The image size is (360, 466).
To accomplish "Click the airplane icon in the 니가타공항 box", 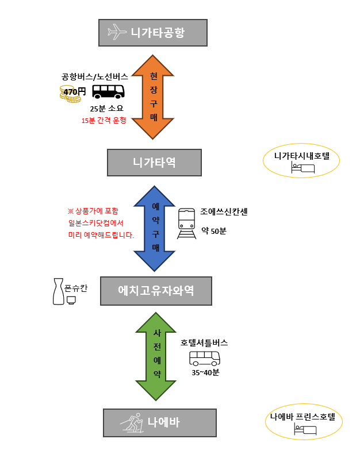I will click(x=117, y=32).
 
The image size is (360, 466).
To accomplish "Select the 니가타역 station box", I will click(x=154, y=163).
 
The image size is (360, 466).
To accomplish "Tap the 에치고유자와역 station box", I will click(x=156, y=291).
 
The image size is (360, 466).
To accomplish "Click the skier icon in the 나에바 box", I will click(x=131, y=423).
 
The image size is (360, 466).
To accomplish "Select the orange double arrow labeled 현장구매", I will click(x=153, y=97).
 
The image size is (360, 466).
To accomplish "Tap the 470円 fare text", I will click(x=74, y=91).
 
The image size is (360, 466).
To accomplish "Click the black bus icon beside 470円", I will click(x=109, y=91).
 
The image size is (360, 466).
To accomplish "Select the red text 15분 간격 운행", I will click(x=104, y=121).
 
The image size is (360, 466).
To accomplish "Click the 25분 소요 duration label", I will click(x=107, y=108).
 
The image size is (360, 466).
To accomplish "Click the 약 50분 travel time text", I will click(x=213, y=231).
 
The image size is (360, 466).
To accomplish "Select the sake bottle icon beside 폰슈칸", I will click(x=58, y=291).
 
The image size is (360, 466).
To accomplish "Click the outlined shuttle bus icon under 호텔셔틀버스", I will click(x=205, y=359).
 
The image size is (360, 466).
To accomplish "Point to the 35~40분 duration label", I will click(x=205, y=372).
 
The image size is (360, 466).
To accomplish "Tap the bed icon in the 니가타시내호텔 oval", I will click(x=303, y=168).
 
